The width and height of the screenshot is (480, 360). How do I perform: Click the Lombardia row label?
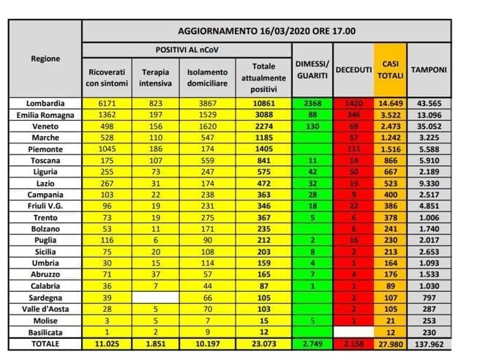click(x=45, y=103)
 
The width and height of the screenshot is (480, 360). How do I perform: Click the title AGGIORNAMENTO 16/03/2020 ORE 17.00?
click(x=266, y=31)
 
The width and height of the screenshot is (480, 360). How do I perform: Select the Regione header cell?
click(x=46, y=59)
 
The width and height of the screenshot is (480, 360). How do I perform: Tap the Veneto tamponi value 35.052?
click(x=430, y=127)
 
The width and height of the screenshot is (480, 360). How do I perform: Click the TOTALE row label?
click(x=45, y=343)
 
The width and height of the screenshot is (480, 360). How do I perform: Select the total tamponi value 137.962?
click(x=430, y=343)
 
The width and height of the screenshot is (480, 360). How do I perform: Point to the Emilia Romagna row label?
click(x=45, y=115)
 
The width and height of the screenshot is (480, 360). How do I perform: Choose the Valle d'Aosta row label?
click(x=45, y=310)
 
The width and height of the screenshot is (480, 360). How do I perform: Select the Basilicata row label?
click(x=45, y=332)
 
